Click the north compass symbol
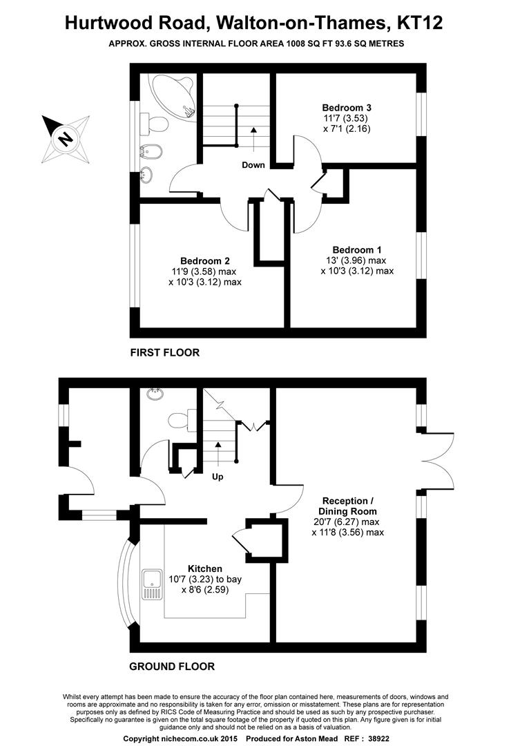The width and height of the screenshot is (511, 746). tap(66, 138)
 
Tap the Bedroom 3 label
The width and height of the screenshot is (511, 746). tap(347, 108)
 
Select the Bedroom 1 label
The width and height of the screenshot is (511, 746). tap(357, 249)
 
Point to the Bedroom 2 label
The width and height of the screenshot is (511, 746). tap(205, 260)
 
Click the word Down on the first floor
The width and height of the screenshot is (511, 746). tap(253, 165)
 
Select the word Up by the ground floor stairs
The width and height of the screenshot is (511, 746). tap(217, 477)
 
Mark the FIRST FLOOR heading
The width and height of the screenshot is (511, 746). tap(165, 352)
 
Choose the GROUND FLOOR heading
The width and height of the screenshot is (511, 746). tap(172, 667)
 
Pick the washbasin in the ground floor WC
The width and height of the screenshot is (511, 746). tap(153, 396)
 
